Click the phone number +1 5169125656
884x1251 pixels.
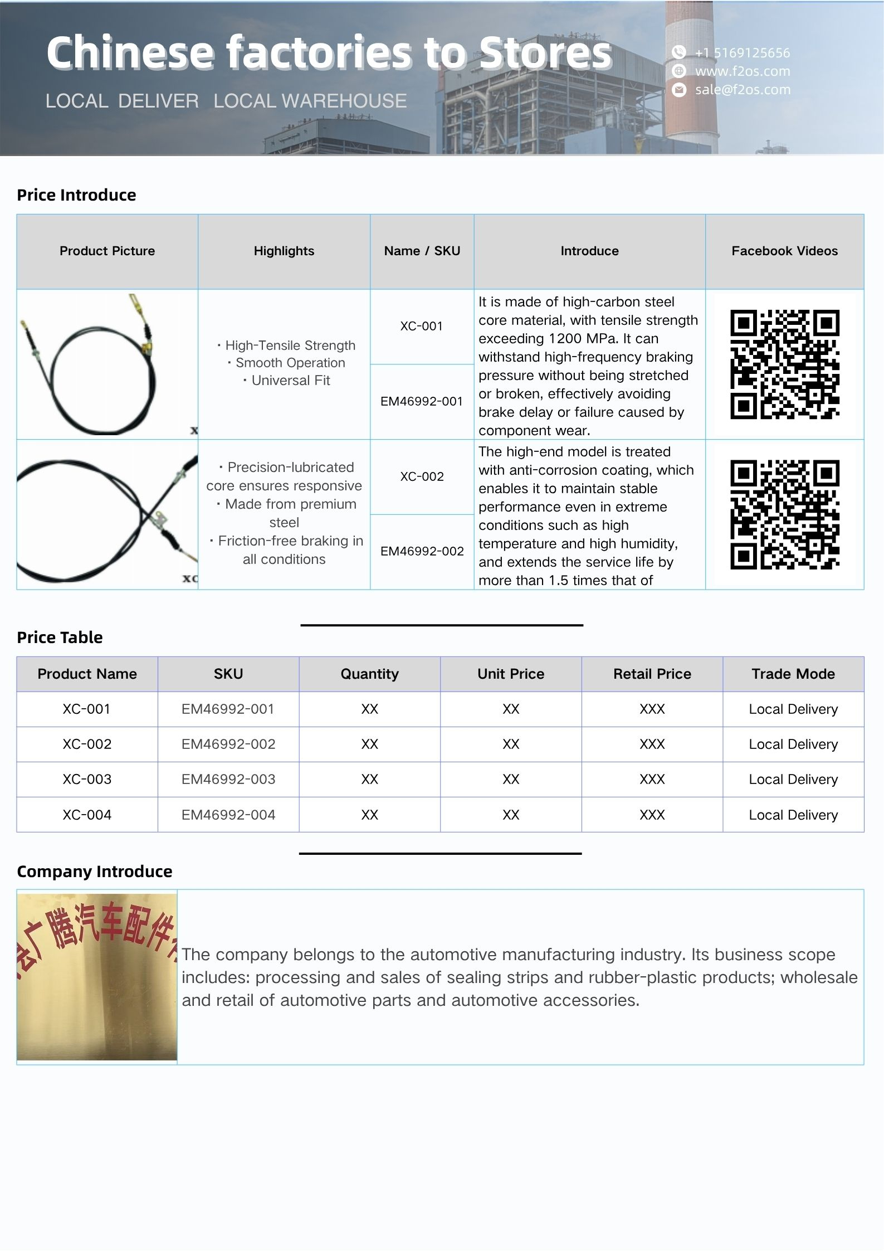(742, 53)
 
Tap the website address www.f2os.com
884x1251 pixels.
(742, 71)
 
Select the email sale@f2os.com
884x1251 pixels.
(742, 90)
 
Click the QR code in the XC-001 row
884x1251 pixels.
(784, 364)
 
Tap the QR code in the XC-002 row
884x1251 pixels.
(784, 514)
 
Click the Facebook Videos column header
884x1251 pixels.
(784, 251)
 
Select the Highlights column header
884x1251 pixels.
(284, 251)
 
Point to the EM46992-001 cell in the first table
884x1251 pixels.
(422, 401)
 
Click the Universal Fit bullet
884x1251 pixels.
(290, 381)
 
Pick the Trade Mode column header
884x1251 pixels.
(793, 674)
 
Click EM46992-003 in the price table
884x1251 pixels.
(228, 779)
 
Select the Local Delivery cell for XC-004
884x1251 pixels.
(793, 815)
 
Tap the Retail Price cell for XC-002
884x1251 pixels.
(652, 744)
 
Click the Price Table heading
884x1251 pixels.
(60, 637)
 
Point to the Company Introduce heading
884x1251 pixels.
(94, 871)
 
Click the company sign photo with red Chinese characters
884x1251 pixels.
(97, 976)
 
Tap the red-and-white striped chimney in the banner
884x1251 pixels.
(690, 78)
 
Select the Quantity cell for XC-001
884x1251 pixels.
(369, 709)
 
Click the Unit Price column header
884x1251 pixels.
(510, 674)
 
